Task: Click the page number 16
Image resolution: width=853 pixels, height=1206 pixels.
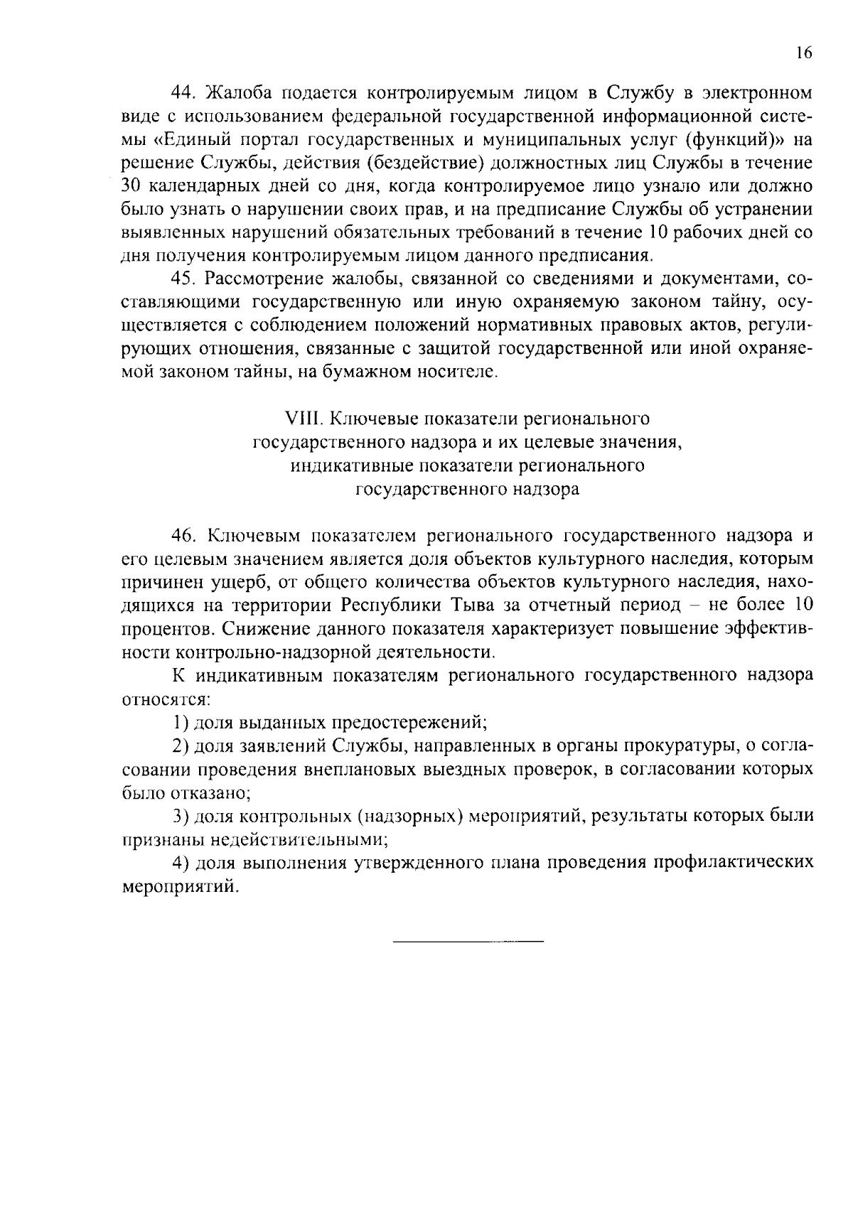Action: coord(803,53)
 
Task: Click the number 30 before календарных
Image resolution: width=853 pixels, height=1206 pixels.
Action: coord(131,187)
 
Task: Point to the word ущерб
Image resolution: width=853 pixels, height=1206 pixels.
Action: coord(240,583)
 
